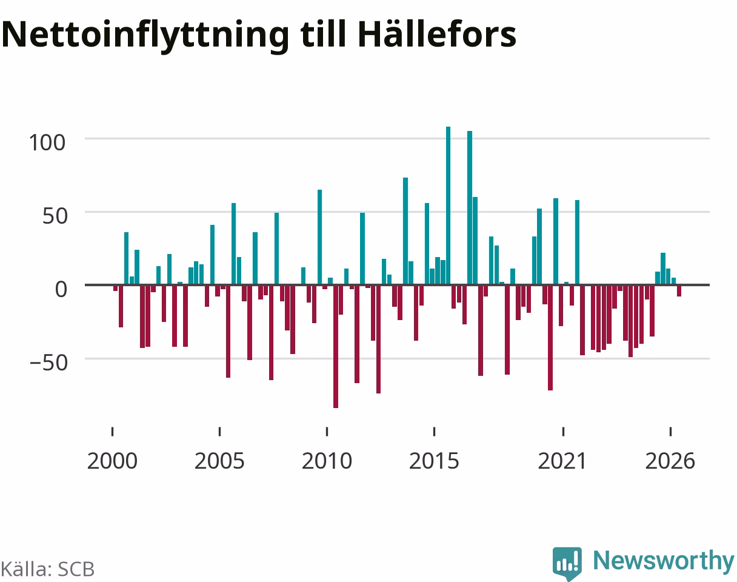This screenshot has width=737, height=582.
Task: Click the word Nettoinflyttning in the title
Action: coord(145,35)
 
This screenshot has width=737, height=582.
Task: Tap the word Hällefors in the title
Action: coord(437,33)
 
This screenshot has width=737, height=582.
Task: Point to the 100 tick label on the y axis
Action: coord(47,142)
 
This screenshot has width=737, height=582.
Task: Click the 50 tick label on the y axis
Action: coord(55,216)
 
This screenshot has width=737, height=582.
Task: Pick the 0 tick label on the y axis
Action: coord(61,289)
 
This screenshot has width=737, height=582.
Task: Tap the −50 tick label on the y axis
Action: coord(49,363)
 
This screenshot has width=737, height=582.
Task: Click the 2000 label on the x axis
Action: coord(112,461)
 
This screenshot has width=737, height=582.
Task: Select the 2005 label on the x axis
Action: coord(219,461)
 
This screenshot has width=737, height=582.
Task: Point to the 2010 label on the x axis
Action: coord(327,461)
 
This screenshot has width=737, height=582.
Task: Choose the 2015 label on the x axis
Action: coord(434,461)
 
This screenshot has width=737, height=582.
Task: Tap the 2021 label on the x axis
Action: coord(562,461)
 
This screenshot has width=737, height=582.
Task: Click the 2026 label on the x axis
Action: coord(670,461)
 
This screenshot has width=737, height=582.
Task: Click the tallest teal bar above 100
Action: coord(448,206)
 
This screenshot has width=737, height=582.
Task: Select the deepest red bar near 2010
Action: coord(336,346)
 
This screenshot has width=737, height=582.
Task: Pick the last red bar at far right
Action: coord(679,290)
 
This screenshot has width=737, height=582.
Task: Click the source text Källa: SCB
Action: coord(48,569)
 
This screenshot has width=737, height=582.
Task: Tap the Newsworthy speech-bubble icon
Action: coord(567,563)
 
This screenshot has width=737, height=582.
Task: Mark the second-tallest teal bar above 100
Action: coord(470,207)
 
